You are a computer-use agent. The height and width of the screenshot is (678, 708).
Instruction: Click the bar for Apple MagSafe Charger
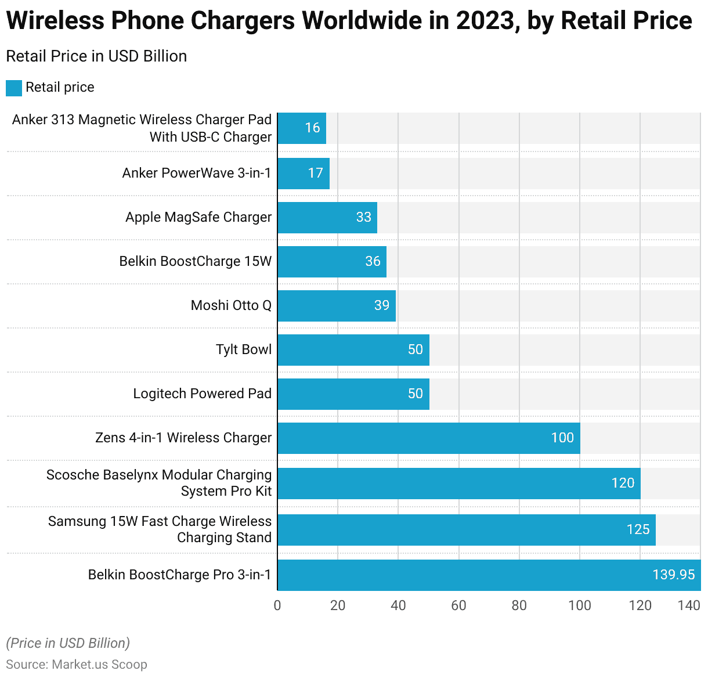[327, 218]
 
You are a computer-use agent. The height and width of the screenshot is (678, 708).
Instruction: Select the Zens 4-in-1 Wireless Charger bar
[428, 438]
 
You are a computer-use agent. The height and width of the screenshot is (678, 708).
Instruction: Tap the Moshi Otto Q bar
[337, 306]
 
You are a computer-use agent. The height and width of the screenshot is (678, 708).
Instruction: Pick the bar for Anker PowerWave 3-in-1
[304, 174]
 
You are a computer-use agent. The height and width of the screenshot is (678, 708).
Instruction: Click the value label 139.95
[673, 575]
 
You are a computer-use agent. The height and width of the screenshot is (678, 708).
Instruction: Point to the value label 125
[638, 529]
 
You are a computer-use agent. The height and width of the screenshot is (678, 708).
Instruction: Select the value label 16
[312, 128]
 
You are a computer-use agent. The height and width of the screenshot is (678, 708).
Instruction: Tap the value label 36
[373, 261]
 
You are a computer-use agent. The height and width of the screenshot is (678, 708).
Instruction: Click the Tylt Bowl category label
[244, 349]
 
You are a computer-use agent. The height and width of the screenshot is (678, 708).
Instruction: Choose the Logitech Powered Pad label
[202, 394]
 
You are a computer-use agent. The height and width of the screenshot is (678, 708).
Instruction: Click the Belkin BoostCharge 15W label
[195, 261]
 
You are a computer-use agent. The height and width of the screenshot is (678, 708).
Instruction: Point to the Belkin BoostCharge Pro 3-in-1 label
[179, 575]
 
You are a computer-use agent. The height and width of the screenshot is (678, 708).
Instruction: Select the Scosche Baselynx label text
[159, 483]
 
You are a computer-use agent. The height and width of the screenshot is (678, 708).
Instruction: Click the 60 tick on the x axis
[458, 605]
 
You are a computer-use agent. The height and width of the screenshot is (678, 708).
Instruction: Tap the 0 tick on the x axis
[277, 605]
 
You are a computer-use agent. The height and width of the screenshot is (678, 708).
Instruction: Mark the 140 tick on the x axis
[689, 605]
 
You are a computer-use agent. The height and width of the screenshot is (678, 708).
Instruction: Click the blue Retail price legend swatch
[14, 88]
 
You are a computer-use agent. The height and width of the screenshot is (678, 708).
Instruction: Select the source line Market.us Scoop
[77, 665]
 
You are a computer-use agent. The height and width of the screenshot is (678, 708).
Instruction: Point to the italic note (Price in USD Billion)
[68, 643]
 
